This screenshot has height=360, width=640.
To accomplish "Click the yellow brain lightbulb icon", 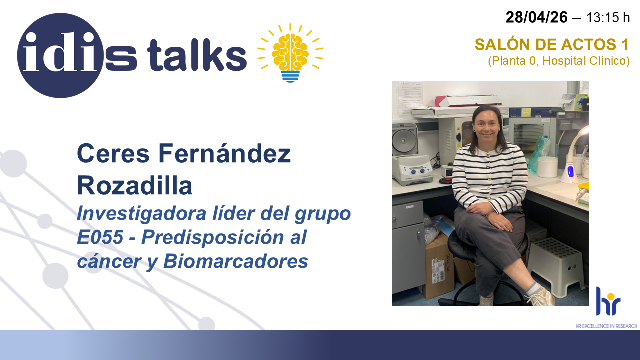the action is tap(290, 53).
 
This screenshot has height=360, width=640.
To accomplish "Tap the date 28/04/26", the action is tap(536, 17).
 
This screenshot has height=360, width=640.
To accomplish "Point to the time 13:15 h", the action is tap(608, 18).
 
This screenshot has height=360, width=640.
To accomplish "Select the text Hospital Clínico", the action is tap(586, 61).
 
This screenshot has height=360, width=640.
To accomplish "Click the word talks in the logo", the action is tap(197, 55).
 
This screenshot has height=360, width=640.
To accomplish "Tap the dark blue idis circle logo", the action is tap(60, 55).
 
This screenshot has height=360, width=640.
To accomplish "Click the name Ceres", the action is tap(113, 153).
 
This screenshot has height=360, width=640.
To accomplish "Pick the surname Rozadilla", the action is tap(135, 186).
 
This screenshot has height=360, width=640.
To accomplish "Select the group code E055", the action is tap(100, 237).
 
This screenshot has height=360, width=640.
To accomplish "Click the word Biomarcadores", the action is tap(236, 261).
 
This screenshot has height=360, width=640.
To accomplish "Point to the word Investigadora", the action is tap(141, 214).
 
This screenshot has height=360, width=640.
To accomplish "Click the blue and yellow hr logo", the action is tap(608, 301).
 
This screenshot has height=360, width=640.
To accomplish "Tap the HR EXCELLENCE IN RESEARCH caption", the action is tap(606, 326).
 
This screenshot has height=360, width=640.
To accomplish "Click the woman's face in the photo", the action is tap(486, 125).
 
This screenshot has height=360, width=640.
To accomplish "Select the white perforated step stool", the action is tap(556, 266).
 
